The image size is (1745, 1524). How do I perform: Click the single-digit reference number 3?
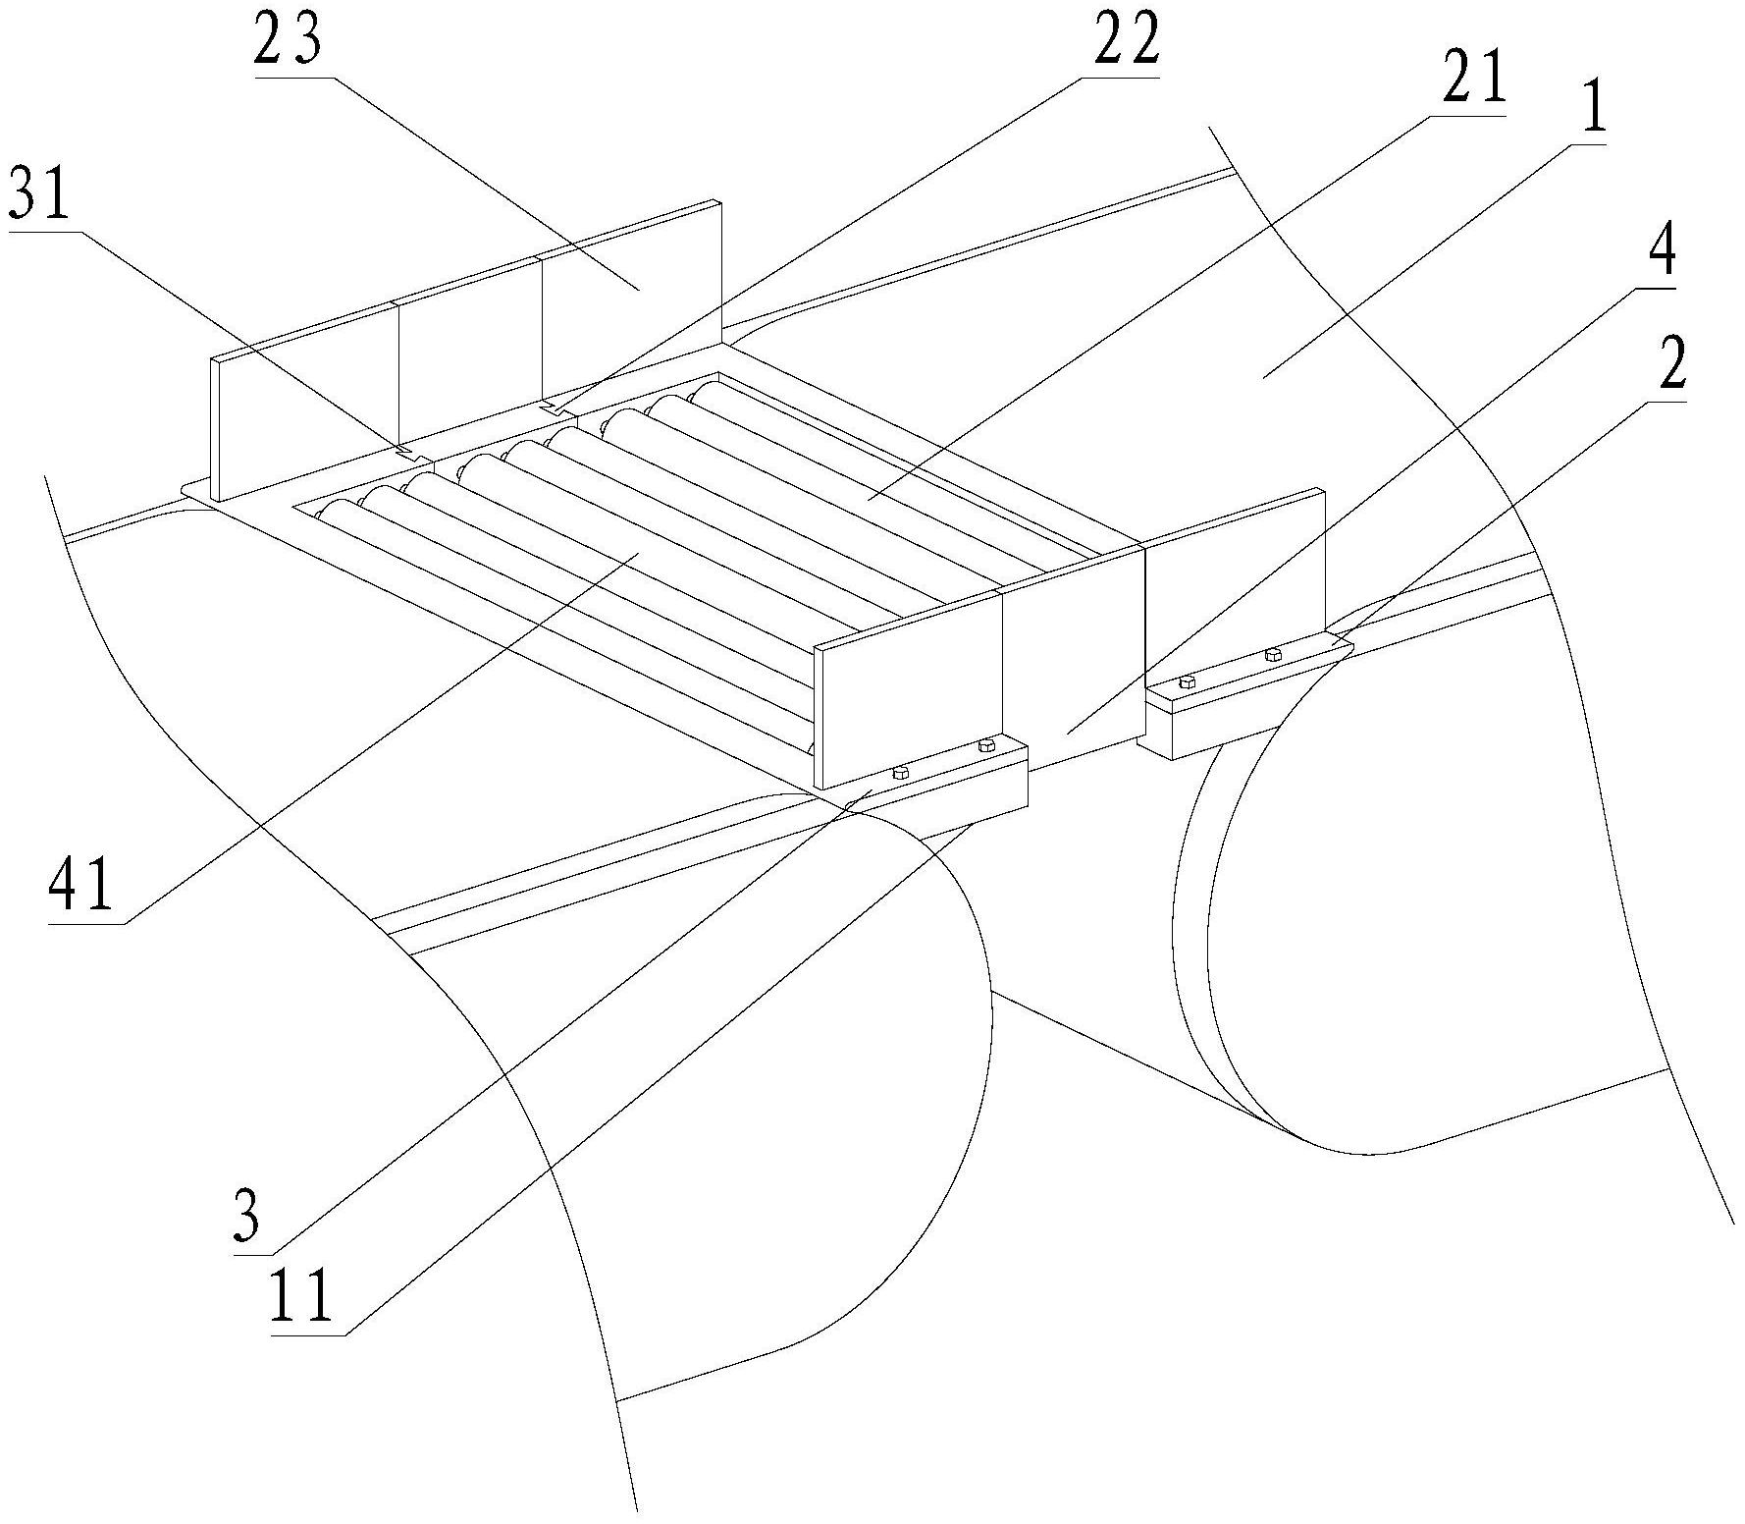[x=247, y=1218]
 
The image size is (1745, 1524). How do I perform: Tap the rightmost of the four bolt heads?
[x=1273, y=652]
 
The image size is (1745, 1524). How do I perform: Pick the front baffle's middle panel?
[x=1072, y=658]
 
